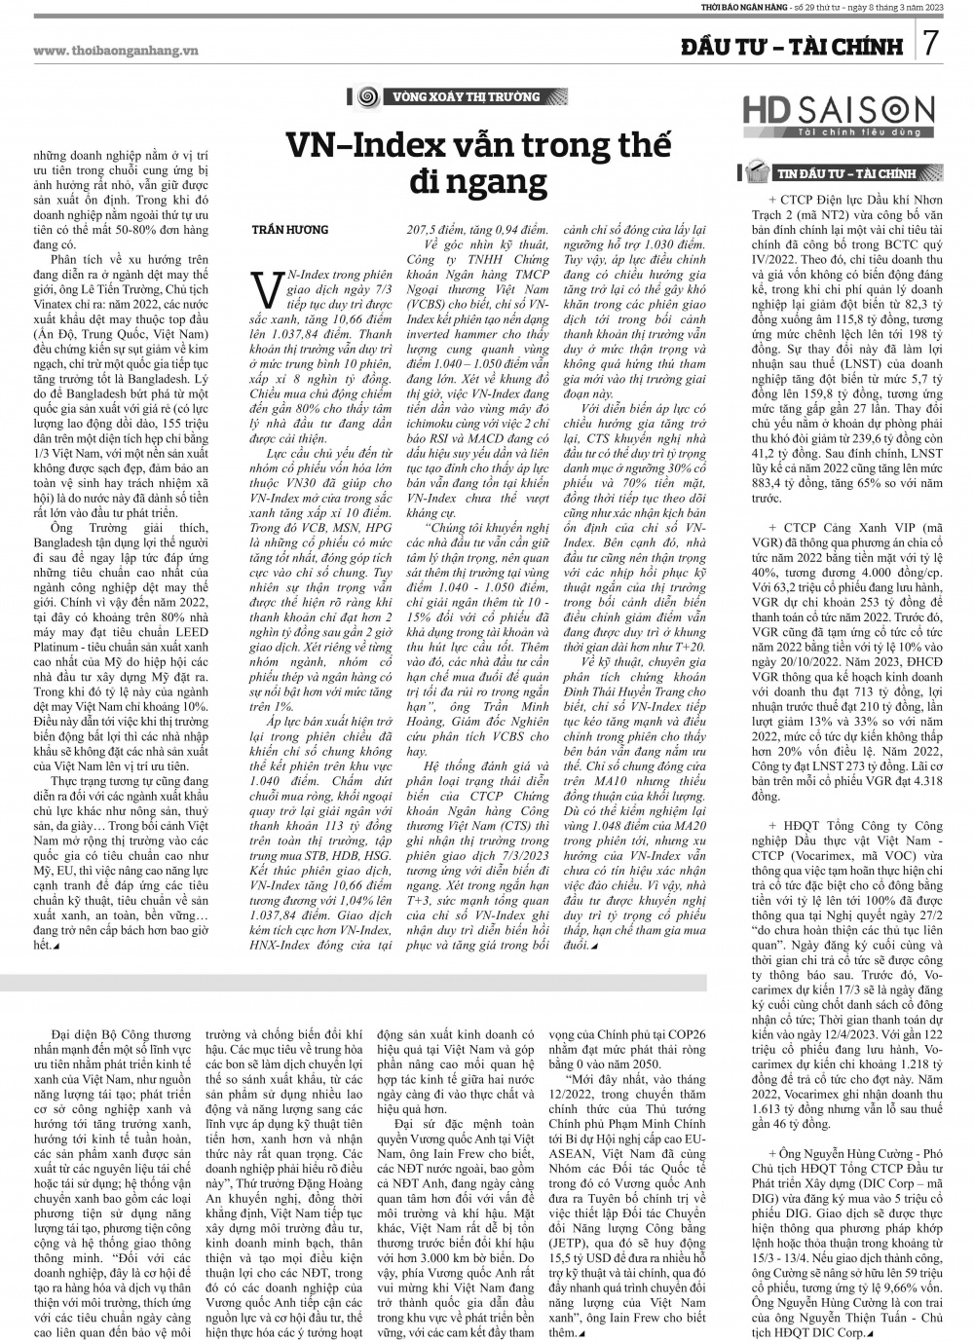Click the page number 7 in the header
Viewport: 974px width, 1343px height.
pyautogui.click(x=932, y=43)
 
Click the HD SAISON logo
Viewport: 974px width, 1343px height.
pyautogui.click(x=839, y=113)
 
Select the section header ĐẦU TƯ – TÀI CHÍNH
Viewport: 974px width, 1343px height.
pyautogui.click(x=789, y=46)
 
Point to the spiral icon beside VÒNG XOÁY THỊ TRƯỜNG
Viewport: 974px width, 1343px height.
pyautogui.click(x=367, y=97)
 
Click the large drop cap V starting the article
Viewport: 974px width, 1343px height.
pyautogui.click(x=262, y=287)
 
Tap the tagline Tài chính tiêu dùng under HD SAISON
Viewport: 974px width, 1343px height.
pyautogui.click(x=839, y=131)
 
